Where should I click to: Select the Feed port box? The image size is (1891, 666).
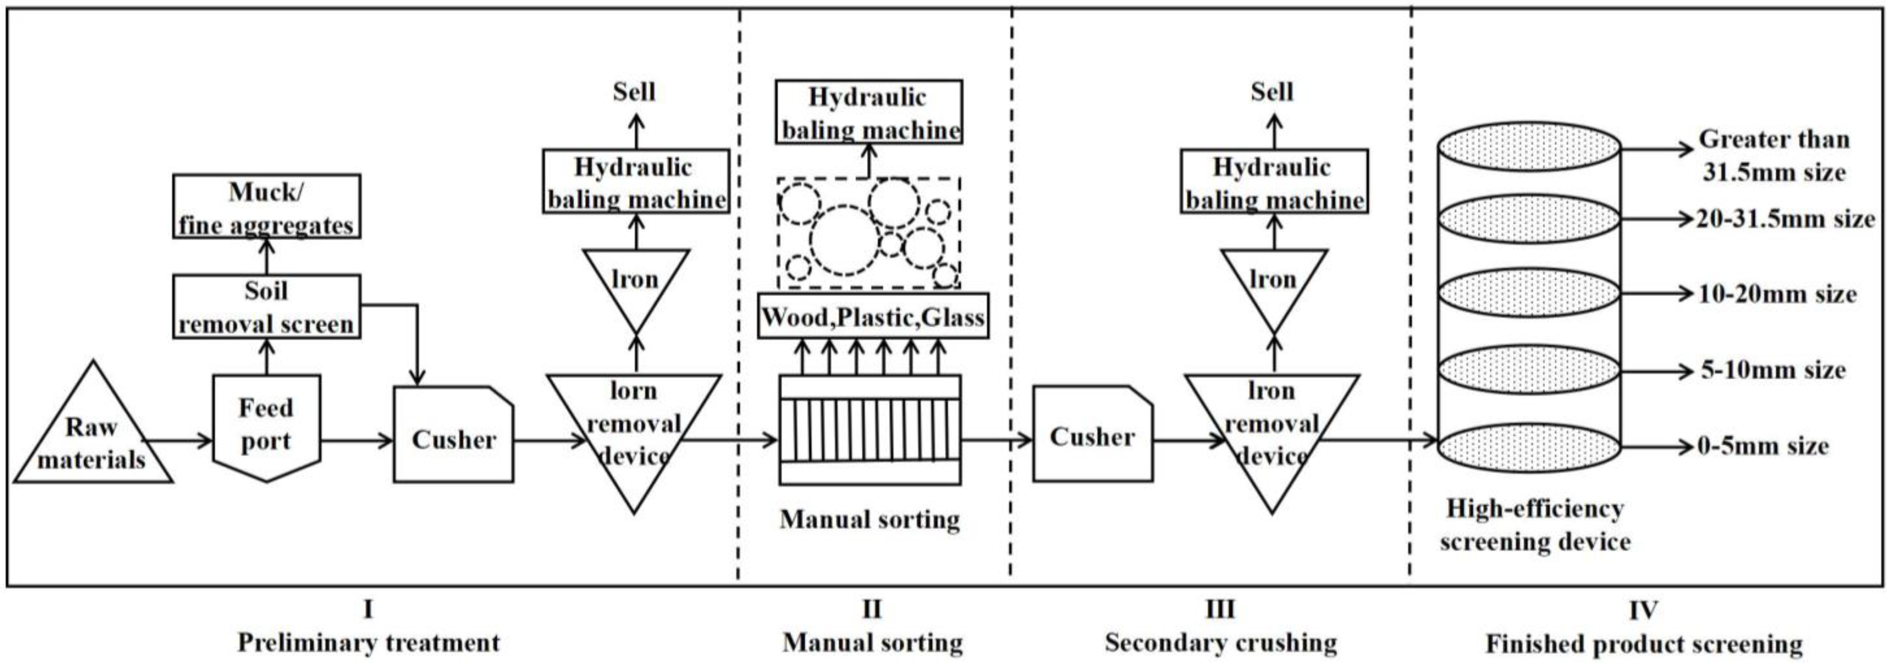point(266,425)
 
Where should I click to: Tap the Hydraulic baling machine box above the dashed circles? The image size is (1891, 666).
point(868,112)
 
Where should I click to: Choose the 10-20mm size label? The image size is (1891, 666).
point(1777,294)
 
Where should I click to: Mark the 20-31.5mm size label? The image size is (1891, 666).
point(1784,219)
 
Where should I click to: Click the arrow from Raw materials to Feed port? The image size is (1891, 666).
point(180,441)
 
